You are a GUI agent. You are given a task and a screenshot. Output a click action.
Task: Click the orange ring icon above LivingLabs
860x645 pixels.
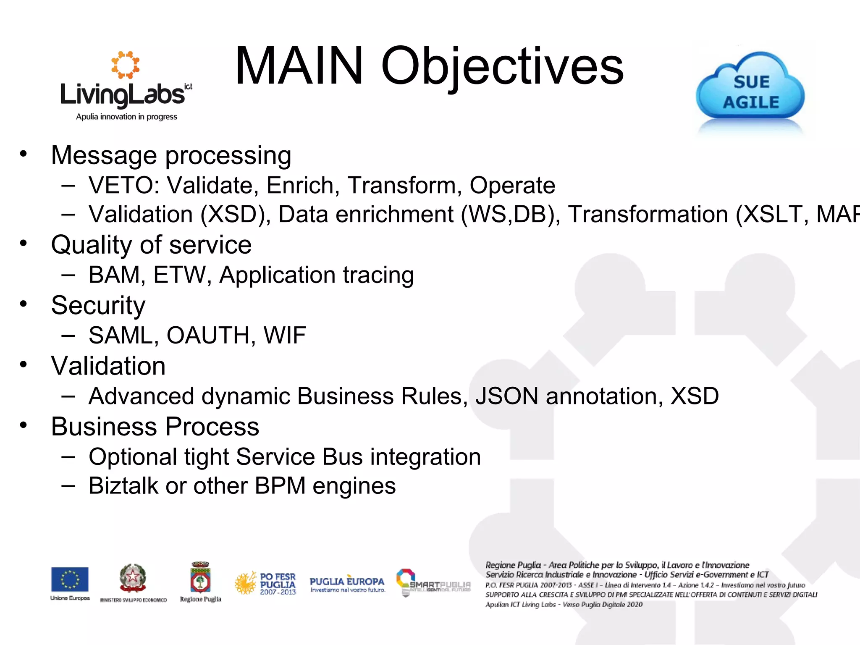coord(125,65)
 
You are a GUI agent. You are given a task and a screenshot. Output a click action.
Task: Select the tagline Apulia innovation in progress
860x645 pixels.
coord(126,117)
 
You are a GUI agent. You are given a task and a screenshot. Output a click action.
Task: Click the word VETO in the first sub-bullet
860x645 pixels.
coord(121,185)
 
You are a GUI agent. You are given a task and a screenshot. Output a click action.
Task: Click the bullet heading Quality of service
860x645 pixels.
coord(151,245)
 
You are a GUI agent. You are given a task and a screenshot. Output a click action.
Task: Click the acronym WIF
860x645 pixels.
coord(284,336)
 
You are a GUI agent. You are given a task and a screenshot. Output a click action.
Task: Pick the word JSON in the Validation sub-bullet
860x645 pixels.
coord(506,396)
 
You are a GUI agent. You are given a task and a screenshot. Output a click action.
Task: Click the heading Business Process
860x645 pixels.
coord(155,427)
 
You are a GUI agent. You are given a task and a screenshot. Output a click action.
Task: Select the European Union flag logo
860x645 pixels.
coord(70,579)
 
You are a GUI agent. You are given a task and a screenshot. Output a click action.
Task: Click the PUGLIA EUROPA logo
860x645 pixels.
coord(347,583)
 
